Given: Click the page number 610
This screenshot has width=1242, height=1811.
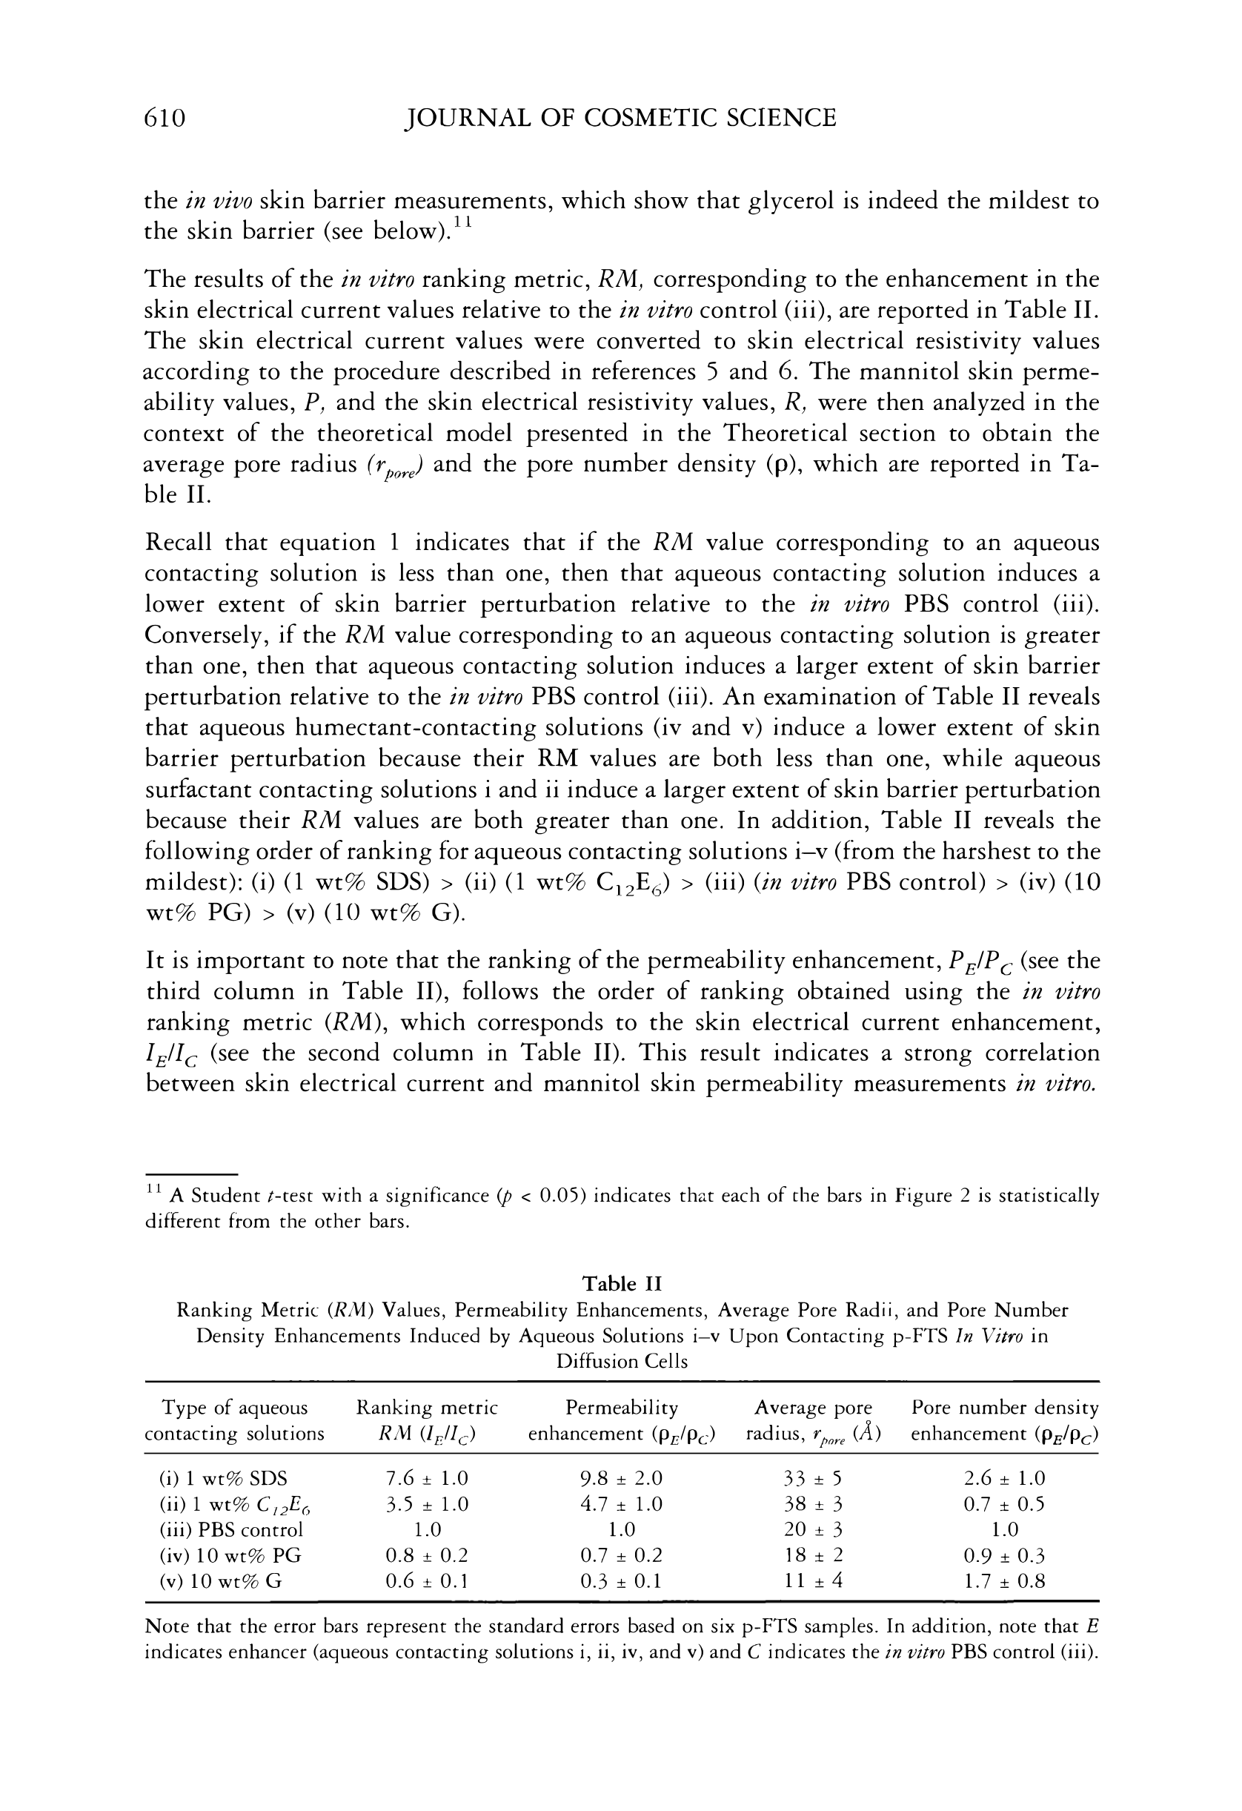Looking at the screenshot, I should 165,118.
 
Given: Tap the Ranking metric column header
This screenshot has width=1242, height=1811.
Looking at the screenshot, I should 426,1420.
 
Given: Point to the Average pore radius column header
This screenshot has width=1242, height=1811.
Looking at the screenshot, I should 814,1420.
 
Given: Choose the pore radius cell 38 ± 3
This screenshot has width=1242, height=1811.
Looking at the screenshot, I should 814,1504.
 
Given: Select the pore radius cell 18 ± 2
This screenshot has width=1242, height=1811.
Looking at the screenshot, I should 814,1555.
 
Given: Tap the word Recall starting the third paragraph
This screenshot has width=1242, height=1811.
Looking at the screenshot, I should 179,543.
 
